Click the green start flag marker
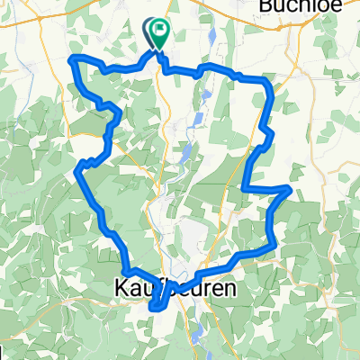click(x=161, y=34)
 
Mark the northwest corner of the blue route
click(x=73, y=59)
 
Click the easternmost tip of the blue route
click(x=288, y=188)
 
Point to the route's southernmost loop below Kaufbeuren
click(x=158, y=309)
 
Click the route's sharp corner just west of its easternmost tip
click(x=245, y=186)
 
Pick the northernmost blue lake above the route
click(x=210, y=38)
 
